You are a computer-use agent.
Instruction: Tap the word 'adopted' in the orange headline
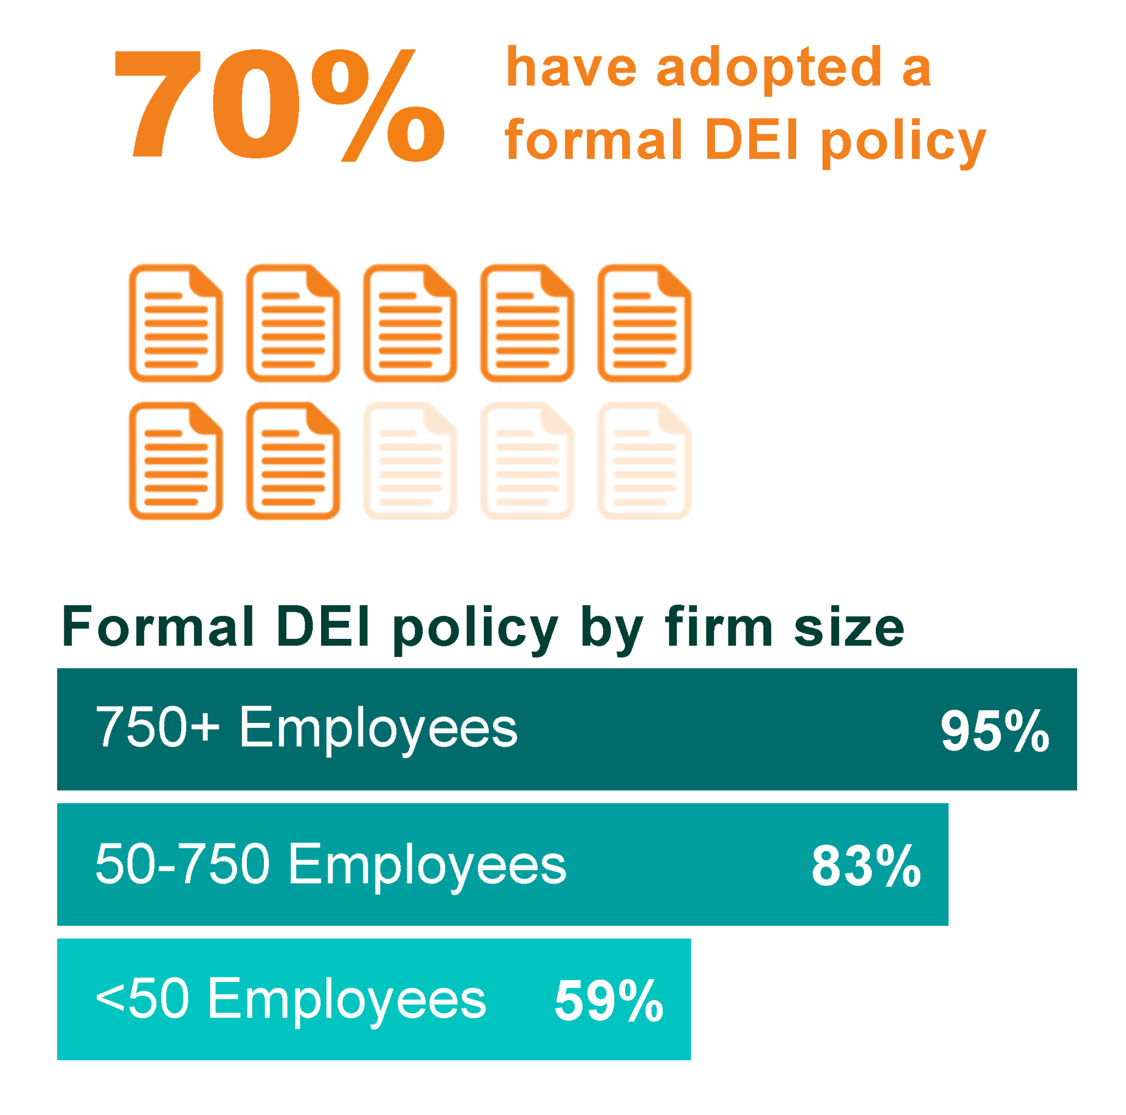pos(769,69)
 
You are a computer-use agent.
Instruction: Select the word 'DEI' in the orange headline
pos(751,140)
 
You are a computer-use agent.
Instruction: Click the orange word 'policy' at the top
pos(903,142)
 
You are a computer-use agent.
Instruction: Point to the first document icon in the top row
pos(175,323)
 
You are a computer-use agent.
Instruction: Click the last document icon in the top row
pos(644,323)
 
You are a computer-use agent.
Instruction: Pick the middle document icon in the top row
pos(410,323)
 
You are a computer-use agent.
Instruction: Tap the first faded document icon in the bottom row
pos(410,460)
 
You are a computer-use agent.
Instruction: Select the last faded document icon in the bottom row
pos(644,460)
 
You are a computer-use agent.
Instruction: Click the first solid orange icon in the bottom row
pos(175,460)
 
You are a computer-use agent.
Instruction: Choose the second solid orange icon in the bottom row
pos(292,460)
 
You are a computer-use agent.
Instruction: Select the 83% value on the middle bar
pos(865,866)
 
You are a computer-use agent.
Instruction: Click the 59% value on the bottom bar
pos(609,1001)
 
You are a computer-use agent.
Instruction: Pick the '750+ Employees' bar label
pos(306,728)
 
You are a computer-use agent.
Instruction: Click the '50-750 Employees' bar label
pos(330,865)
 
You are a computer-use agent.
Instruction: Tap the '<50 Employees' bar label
pos(290,1000)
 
